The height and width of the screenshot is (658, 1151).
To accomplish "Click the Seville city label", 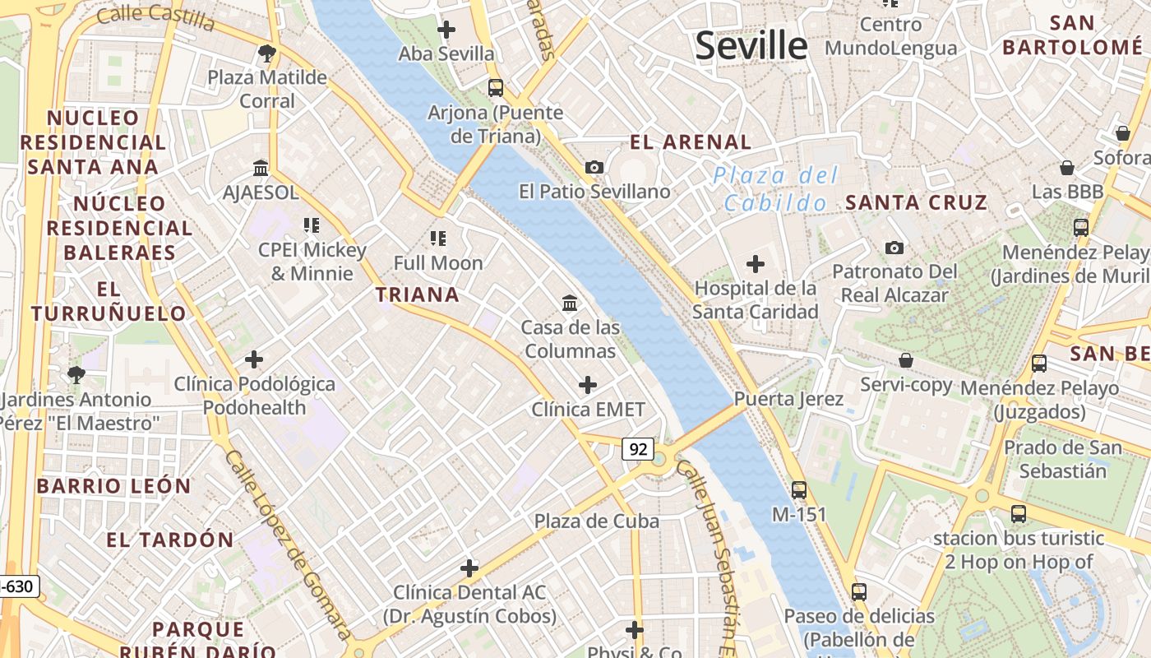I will click(x=751, y=45).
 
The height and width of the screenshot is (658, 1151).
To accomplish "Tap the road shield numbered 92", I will click(x=638, y=448).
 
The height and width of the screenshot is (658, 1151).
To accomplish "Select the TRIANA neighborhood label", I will click(x=418, y=294).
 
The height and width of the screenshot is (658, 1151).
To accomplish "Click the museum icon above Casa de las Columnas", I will click(x=570, y=303).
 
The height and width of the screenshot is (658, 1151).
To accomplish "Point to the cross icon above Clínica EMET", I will click(x=588, y=384).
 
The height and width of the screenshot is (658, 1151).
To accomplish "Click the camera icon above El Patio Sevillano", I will click(x=594, y=167).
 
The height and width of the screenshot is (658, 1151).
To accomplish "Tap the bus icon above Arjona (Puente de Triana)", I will click(x=496, y=87).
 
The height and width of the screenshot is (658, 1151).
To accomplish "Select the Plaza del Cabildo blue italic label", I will click(x=775, y=188).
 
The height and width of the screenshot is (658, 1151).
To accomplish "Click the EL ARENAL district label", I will click(x=691, y=142).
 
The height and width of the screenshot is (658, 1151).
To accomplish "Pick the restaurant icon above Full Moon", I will click(x=438, y=239).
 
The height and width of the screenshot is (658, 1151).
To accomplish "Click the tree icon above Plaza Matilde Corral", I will click(x=266, y=53).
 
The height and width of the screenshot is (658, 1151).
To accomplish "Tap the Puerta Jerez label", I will click(x=788, y=399).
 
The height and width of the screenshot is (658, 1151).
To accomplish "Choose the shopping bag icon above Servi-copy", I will click(x=906, y=360).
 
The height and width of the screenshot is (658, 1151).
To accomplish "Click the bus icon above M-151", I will click(x=798, y=490).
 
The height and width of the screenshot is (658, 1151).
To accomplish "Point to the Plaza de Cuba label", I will click(x=597, y=521).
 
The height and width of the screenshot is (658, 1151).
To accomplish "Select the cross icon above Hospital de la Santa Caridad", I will click(x=755, y=264).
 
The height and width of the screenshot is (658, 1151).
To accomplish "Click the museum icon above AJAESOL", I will click(x=261, y=168).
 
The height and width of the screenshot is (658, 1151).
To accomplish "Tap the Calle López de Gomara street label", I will click(x=288, y=543).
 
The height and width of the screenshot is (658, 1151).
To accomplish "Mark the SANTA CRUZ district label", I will click(x=916, y=202).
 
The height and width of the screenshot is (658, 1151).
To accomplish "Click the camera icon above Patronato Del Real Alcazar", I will click(x=894, y=248).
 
